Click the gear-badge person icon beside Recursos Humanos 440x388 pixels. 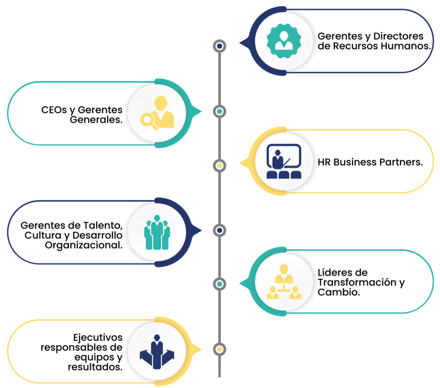click(284, 41)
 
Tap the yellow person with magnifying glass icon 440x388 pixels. click(157, 113)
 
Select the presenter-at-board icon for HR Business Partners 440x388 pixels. click(284, 161)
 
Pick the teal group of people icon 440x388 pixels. click(157, 232)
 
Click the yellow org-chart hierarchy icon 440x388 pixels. click(284, 281)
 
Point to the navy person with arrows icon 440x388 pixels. click(157, 352)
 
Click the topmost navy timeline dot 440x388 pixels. click(219, 46)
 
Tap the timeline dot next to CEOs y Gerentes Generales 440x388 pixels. click(219, 112)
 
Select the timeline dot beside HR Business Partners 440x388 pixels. click(219, 166)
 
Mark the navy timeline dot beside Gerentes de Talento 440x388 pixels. click(219, 230)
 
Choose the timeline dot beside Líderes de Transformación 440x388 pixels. click(219, 284)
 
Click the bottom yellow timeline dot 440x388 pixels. click(219, 349)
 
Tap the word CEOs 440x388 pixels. click(54, 110)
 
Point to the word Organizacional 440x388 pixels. click(84, 245)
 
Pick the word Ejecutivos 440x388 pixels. click(98, 337)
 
